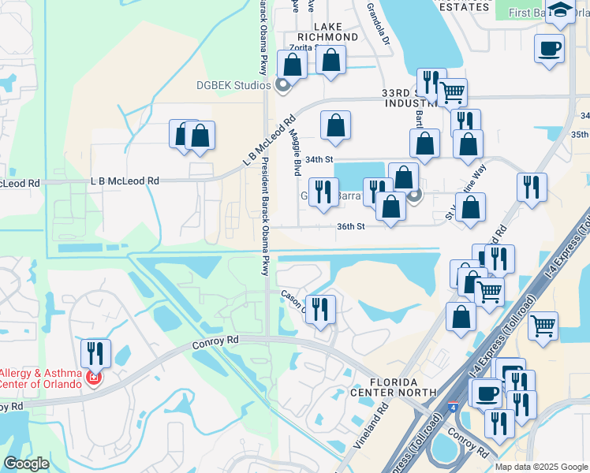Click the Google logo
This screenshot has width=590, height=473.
click(x=26, y=464)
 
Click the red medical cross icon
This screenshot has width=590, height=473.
click(x=93, y=379)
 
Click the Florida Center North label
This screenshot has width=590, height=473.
click(x=393, y=386)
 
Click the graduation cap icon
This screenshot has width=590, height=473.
click(x=560, y=11)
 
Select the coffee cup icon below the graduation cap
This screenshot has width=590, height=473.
click(x=549, y=47)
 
